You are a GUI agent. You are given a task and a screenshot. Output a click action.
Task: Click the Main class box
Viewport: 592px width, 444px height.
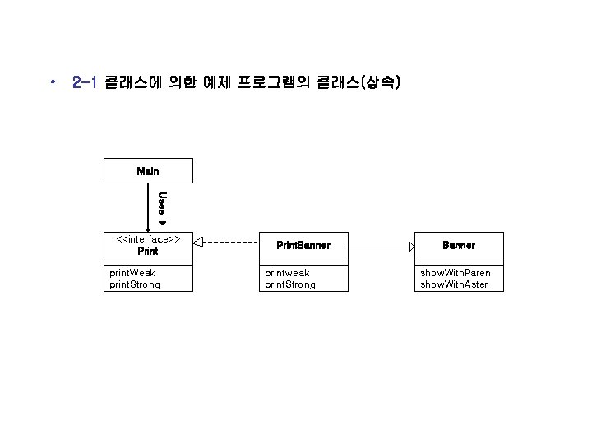click(x=148, y=171)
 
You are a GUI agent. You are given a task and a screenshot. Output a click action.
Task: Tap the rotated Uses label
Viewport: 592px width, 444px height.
click(x=162, y=203)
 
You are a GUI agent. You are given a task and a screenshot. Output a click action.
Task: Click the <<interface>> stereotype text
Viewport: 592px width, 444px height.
click(x=148, y=239)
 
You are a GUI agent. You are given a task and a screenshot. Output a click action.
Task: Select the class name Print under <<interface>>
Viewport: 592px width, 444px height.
click(x=148, y=251)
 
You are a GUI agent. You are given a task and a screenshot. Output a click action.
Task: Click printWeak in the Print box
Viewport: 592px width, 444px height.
click(x=132, y=272)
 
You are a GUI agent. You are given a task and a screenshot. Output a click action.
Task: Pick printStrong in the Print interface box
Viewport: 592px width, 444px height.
click(x=135, y=284)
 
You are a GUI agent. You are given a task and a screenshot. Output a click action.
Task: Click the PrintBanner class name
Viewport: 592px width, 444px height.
click(x=303, y=245)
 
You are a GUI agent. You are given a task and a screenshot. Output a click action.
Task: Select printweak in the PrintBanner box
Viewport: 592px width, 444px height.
click(x=287, y=272)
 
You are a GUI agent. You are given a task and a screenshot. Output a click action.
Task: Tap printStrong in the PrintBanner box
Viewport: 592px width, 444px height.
click(x=289, y=284)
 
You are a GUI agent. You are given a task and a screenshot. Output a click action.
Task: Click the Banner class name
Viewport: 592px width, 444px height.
click(x=459, y=245)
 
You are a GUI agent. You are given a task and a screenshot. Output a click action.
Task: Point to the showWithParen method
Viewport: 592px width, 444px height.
click(x=456, y=272)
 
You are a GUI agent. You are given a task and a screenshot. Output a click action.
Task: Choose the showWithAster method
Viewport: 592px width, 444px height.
click(x=454, y=284)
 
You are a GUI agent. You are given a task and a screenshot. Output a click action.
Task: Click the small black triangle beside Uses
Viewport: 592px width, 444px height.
click(x=162, y=223)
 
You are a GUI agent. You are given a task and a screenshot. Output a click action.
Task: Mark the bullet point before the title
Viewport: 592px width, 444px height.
click(x=52, y=83)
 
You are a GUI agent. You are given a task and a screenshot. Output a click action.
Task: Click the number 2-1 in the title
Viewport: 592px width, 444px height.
click(x=86, y=83)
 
